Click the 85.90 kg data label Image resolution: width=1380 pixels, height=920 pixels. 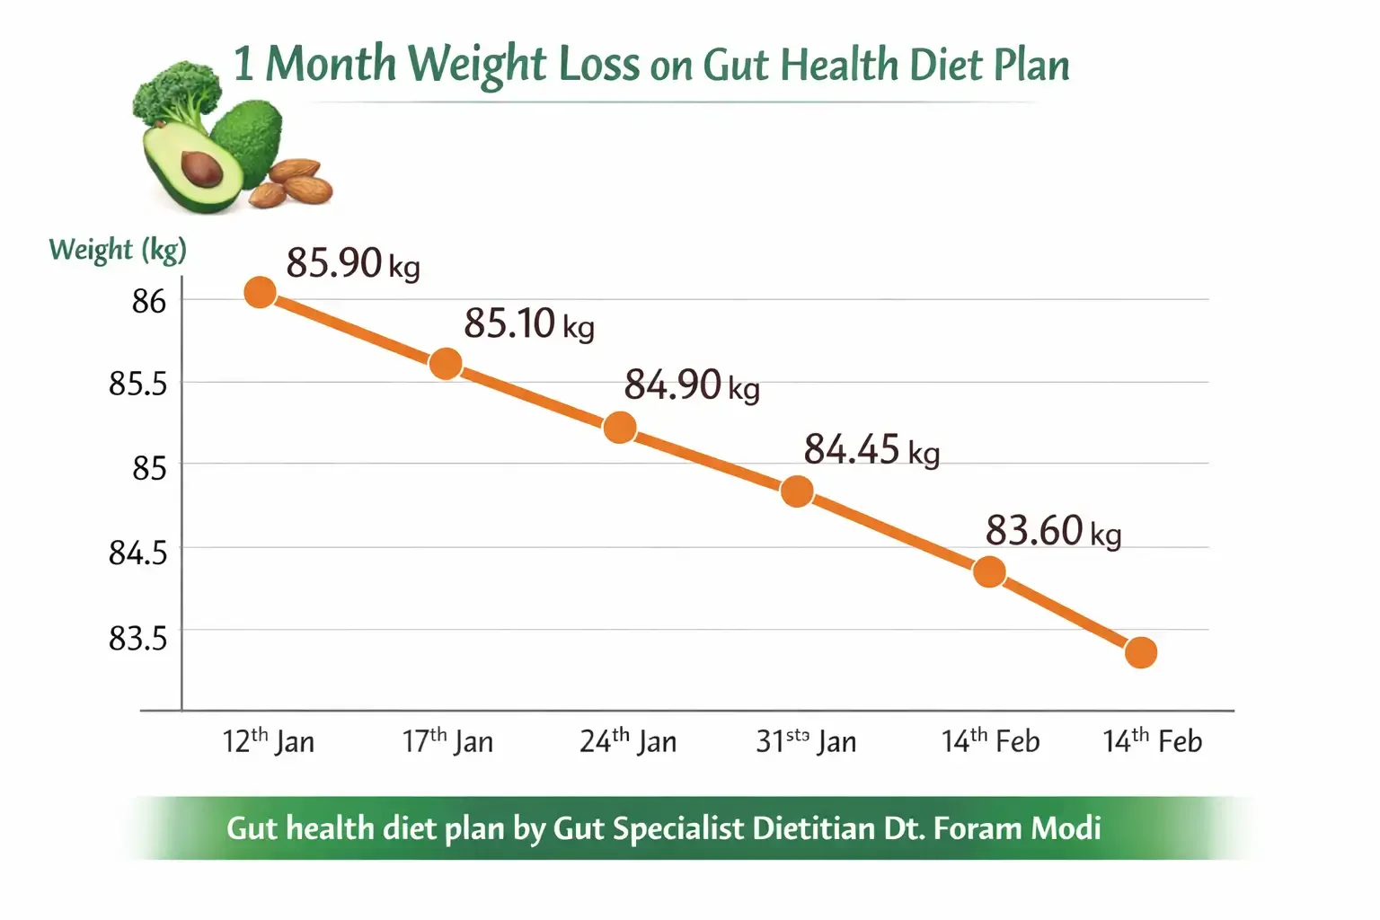tap(352, 263)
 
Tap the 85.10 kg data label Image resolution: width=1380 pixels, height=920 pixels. tap(528, 323)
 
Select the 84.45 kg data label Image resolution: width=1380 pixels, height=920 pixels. tap(871, 449)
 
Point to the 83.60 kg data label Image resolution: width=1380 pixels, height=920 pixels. tap(1053, 530)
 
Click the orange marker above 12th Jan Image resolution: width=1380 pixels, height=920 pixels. tap(260, 292)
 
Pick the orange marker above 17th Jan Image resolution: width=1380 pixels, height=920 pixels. tap(446, 364)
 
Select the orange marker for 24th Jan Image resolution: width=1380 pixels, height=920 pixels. tap(620, 428)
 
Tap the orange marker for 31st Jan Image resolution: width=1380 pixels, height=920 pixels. tap(797, 491)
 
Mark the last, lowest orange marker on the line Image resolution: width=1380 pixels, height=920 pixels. tap(1140, 652)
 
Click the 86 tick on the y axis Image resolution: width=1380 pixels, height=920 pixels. tap(149, 301)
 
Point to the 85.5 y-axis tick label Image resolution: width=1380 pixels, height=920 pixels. tap(137, 384)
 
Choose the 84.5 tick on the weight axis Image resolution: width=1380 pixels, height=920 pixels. tap(137, 552)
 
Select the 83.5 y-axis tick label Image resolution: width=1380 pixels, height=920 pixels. tap(137, 638)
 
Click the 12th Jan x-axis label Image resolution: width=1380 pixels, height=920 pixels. tap(268, 741)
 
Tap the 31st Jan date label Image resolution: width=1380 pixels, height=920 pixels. tap(806, 741)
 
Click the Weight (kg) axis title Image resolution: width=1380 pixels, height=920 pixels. tap(117, 249)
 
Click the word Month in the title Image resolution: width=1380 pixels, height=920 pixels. tap(330, 65)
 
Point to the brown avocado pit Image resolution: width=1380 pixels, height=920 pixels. tap(202, 168)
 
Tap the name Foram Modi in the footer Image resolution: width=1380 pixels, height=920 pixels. tap(1017, 827)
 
